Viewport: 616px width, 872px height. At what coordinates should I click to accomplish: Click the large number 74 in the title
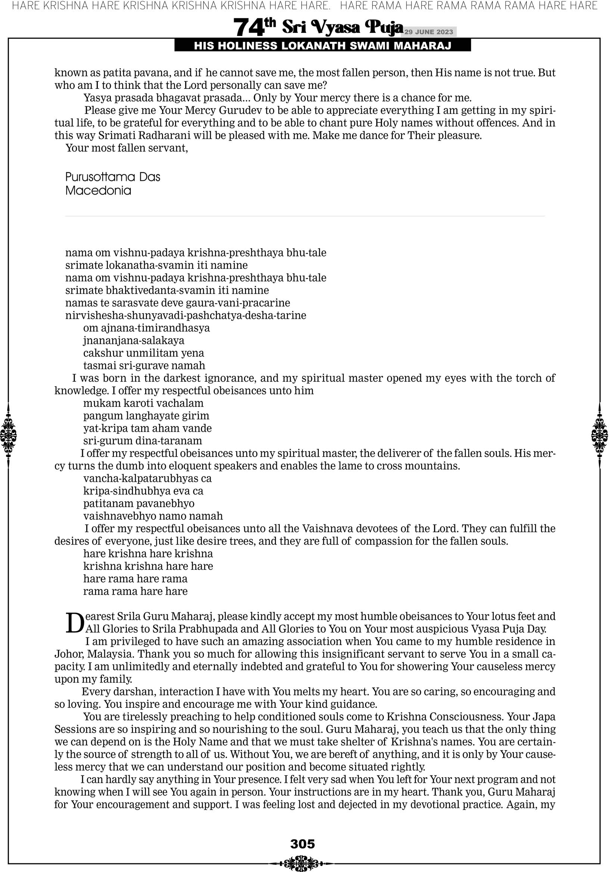click(248, 28)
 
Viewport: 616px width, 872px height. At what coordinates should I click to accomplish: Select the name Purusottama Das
click(112, 177)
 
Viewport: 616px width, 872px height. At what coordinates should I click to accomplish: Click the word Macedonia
click(98, 191)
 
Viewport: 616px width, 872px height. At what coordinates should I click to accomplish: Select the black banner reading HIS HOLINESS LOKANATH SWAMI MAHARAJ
click(323, 46)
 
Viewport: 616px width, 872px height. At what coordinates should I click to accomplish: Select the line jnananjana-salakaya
click(134, 340)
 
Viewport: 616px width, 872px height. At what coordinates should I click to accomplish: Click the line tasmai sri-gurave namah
click(144, 365)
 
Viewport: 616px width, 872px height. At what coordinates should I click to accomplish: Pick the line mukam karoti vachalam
click(143, 403)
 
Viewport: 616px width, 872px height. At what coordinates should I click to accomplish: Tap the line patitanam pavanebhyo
click(139, 504)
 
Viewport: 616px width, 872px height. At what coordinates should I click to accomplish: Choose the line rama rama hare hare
click(135, 591)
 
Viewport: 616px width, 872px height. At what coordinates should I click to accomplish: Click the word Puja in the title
click(383, 27)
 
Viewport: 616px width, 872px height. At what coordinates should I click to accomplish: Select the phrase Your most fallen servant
click(127, 148)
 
